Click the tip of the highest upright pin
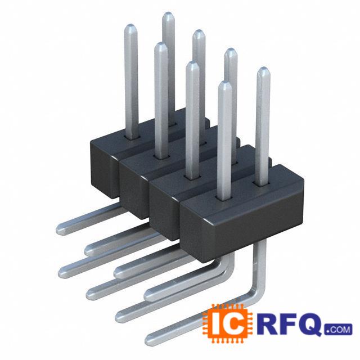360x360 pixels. (169, 13)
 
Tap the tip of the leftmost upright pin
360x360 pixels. (130, 25)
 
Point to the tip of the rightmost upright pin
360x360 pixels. (263, 68)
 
